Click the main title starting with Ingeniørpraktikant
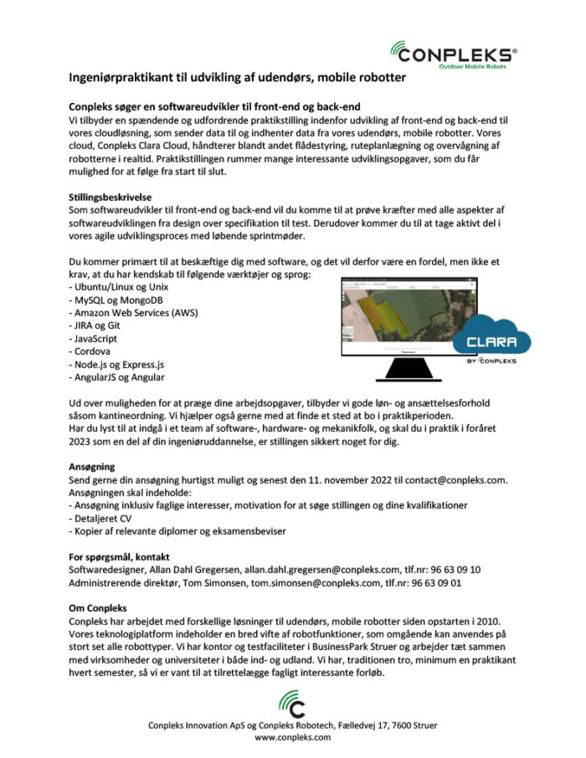(x=237, y=78)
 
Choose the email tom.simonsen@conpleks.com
(x=294, y=583)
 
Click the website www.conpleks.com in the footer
(x=292, y=738)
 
